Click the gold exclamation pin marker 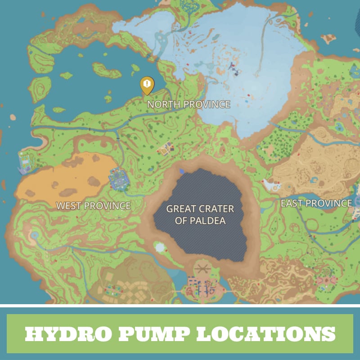147,85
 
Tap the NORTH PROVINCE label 189,104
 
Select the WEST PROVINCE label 93,206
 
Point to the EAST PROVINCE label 316,203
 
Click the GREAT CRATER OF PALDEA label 200,215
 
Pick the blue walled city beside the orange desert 119,179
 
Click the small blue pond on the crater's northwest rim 181,171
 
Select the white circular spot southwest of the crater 159,247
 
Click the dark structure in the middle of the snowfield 232,67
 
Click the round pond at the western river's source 34,235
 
